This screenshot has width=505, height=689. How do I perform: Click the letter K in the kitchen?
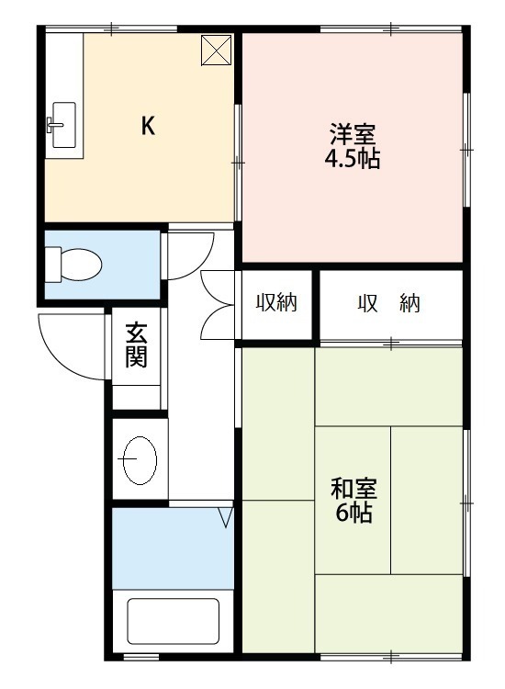(x=147, y=127)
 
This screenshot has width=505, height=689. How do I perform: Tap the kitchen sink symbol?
(x=62, y=126)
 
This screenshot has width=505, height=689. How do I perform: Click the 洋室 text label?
(x=352, y=134)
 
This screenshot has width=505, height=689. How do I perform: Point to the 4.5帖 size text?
(x=352, y=159)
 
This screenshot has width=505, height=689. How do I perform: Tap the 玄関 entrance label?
(x=136, y=344)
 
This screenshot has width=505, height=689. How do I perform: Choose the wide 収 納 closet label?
(x=388, y=303)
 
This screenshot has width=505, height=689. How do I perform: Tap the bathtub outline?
(x=173, y=622)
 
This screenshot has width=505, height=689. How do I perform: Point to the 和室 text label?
(x=353, y=488)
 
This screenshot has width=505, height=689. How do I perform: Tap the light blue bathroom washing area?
(x=172, y=547)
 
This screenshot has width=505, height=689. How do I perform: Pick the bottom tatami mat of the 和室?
(x=388, y=613)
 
